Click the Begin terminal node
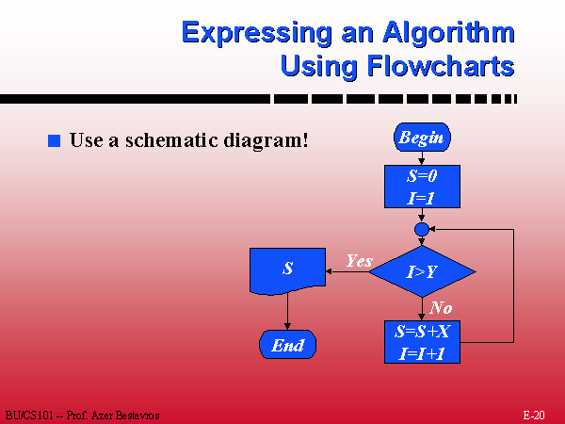pos(422,138)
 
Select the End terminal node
pos(287,345)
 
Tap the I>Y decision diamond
pos(422,271)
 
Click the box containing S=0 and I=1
pos(422,187)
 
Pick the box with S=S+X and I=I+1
pos(422,342)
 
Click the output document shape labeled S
pos(287,271)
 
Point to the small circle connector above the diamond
pos(422,229)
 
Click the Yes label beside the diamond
pos(360,260)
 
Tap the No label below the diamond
pos(441,307)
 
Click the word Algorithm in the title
pos(448,34)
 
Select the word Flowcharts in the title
pos(441,66)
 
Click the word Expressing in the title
pos(257,34)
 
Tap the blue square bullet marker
pos(54,140)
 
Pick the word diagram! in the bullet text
pos(266,140)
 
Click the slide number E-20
pos(534,415)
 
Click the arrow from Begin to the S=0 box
pos(422,158)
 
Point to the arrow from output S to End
pos(287,311)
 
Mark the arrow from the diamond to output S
pos(347,271)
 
